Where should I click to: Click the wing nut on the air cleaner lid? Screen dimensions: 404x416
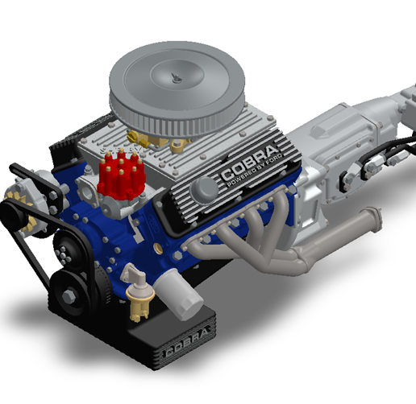click(x=175, y=76)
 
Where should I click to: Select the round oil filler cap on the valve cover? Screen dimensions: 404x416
click(x=205, y=188)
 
